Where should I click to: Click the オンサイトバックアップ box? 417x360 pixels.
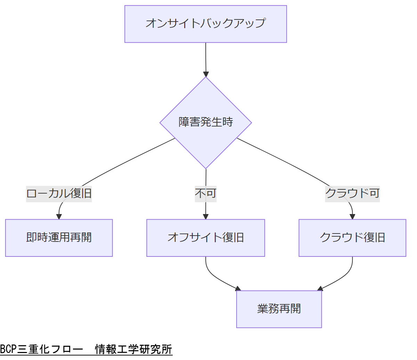tap(205, 24)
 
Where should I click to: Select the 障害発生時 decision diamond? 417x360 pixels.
tap(206, 122)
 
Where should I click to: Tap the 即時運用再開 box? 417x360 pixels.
tap(59, 238)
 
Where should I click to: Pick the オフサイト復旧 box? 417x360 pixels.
tap(206, 238)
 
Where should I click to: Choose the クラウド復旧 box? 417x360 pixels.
tap(352, 238)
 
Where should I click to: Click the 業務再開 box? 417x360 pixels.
tap(279, 309)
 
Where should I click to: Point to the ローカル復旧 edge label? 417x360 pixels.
tap(59, 193)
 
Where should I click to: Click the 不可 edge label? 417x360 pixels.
tap(206, 193)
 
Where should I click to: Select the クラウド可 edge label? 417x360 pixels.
tap(352, 193)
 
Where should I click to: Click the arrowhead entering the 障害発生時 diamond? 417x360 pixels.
tap(206, 74)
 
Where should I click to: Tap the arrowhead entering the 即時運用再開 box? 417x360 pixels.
tap(59, 216)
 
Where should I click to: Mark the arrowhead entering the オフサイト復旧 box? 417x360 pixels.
tap(206, 216)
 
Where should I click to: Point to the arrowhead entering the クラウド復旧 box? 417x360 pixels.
tap(352, 216)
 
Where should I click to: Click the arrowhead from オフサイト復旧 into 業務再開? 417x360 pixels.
tap(238, 288)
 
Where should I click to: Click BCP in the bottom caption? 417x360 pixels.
tap(8, 349)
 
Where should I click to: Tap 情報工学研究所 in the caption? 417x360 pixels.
tap(134, 349)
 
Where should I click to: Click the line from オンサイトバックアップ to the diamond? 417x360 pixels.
tap(206, 57)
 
